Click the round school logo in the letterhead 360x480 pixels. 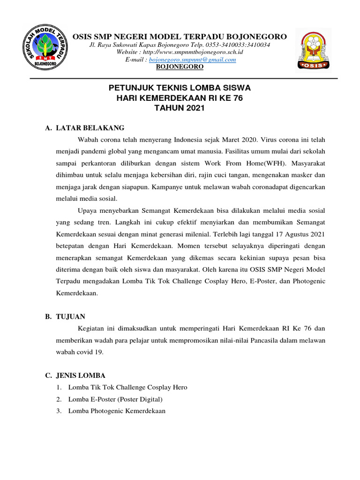pyautogui.click(x=45, y=49)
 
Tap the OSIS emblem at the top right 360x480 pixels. pyautogui.click(x=314, y=49)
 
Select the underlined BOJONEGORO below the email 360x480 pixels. pyautogui.click(x=180, y=67)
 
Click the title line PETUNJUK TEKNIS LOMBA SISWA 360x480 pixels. pyautogui.click(x=180, y=88)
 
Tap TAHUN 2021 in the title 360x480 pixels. pyautogui.click(x=180, y=108)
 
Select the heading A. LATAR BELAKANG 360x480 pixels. pyautogui.click(x=85, y=127)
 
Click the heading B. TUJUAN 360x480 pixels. pyautogui.click(x=65, y=317)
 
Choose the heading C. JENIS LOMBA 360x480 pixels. pyautogui.click(x=75, y=375)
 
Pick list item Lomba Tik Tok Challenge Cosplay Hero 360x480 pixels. pyautogui.click(x=127, y=387)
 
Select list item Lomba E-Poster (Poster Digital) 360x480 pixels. pyautogui.click(x=115, y=399)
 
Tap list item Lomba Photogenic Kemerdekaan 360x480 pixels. pyautogui.click(x=117, y=411)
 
